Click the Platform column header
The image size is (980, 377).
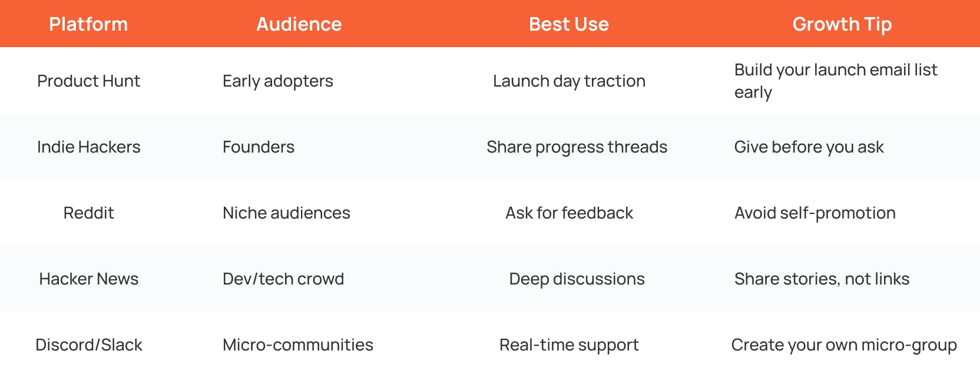[x=88, y=24]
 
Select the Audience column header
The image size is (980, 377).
[x=299, y=24]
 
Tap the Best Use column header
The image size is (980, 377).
[x=568, y=24]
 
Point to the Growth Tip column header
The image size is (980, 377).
[x=842, y=24]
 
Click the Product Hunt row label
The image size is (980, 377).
[x=88, y=81]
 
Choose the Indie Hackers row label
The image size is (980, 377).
[x=88, y=147]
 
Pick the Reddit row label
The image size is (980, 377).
[x=88, y=213]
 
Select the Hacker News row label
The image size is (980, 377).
[x=88, y=279]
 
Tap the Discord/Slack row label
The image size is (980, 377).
[x=88, y=345]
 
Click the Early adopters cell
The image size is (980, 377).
[x=277, y=81]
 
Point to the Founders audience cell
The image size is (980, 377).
[x=258, y=147]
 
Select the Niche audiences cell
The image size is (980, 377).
[x=286, y=213]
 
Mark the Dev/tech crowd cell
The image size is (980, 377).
[x=283, y=279]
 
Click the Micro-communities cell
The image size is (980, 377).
[x=297, y=345]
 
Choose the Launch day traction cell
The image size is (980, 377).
[x=569, y=81]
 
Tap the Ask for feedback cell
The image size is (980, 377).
[x=569, y=213]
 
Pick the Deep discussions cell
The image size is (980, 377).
[x=577, y=279]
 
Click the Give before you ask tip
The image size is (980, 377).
[x=809, y=147]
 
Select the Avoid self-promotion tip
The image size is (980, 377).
[x=815, y=213]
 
